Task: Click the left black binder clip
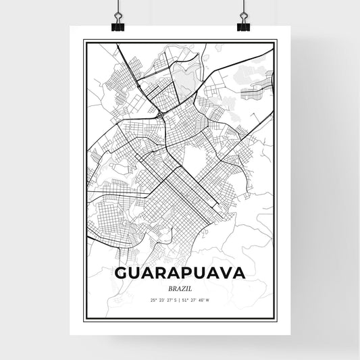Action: click(x=116, y=24)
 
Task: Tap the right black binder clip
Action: click(x=243, y=24)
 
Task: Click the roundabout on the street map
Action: click(x=159, y=115)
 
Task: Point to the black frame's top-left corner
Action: click(x=84, y=41)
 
